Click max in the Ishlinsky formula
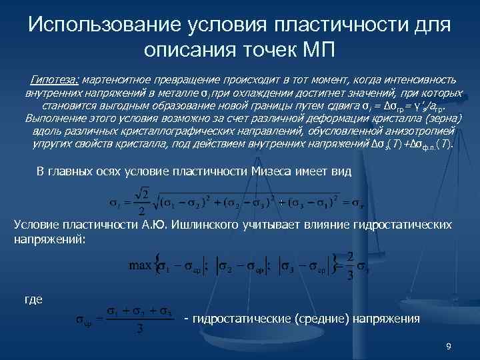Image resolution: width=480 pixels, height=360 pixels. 139,265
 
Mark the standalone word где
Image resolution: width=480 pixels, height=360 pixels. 33,299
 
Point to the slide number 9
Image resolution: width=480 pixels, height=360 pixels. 448,347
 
